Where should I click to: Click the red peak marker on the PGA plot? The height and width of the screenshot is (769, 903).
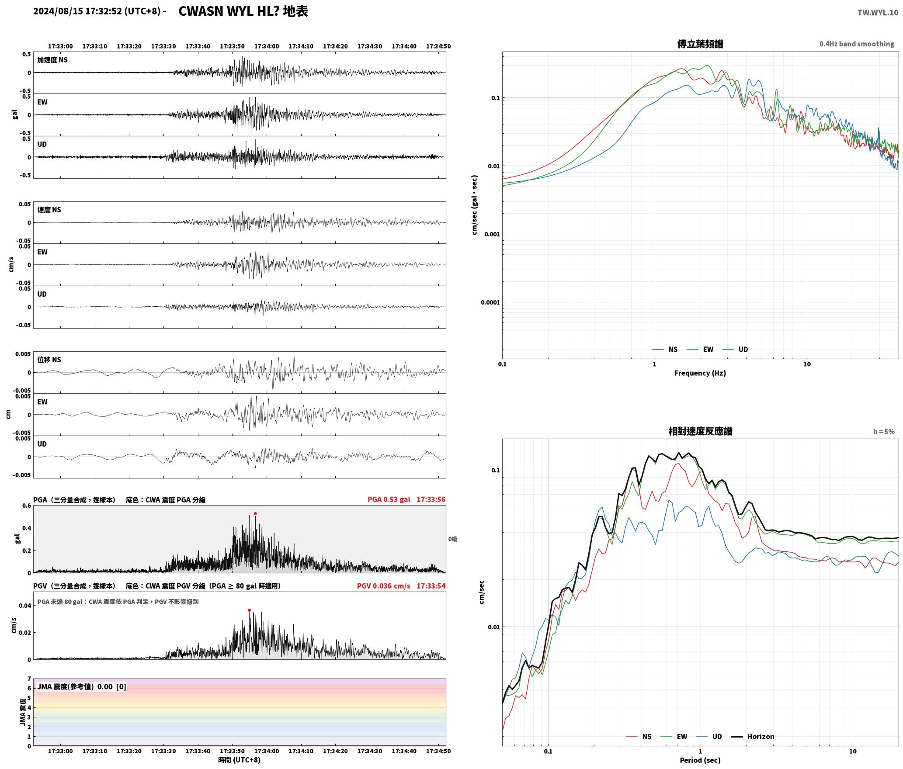[x=255, y=514]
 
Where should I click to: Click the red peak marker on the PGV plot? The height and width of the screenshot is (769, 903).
[x=249, y=610]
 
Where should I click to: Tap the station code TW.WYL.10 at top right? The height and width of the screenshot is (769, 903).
[x=878, y=13]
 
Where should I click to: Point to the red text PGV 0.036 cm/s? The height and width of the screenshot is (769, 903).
[x=383, y=586]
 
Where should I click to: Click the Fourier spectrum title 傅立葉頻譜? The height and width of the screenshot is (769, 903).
[x=700, y=44]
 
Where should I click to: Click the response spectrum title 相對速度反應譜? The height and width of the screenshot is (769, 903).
[x=700, y=431]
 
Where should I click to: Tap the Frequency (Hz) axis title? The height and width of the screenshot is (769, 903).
[x=700, y=373]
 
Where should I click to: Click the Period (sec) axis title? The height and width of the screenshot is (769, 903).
[x=700, y=760]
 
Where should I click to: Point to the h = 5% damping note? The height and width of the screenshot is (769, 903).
[x=884, y=432]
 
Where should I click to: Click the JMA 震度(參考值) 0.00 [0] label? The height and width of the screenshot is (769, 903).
[x=82, y=687]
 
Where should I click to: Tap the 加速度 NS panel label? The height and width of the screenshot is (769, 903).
[x=52, y=60]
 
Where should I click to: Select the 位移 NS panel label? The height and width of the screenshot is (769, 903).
[x=49, y=360]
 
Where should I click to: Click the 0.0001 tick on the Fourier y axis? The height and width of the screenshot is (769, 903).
[x=490, y=302]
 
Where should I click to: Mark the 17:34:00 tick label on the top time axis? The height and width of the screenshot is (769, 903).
[x=266, y=46]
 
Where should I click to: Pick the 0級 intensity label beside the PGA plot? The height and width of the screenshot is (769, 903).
[x=453, y=539]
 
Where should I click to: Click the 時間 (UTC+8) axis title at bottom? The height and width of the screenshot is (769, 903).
[x=239, y=760]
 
